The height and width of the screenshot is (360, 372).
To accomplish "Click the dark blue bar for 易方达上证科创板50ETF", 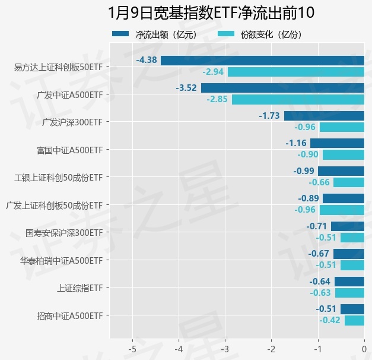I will coord(262,60).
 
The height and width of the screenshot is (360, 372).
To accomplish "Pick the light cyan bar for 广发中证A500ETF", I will coord(298,99).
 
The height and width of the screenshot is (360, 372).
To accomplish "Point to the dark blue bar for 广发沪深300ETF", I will coord(324,116).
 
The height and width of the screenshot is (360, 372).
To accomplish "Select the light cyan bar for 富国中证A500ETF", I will coord(343,154).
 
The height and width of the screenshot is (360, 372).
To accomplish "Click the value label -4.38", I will coord(147,60).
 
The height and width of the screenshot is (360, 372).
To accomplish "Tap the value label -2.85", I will coord(217,99).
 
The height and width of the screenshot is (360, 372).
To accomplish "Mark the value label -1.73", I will coord(269,116).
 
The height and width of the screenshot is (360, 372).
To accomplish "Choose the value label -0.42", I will coord(330,320).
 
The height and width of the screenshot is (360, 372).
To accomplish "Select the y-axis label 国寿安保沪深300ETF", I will coord(64,232).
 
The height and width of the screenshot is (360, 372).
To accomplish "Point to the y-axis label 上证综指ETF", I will coord(80,288).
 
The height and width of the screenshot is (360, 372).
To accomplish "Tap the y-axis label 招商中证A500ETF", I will coord(69,315).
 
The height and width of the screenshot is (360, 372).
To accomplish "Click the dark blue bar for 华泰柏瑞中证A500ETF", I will coord(348,254).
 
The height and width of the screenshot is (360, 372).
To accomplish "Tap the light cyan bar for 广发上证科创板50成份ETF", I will coord(342,210).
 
